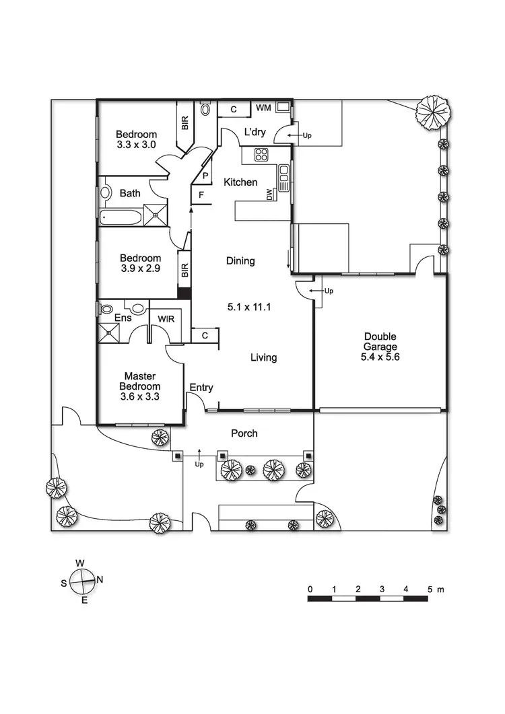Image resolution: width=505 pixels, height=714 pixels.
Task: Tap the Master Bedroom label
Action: click(x=140, y=382)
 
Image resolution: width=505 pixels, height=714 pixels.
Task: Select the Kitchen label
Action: click(x=240, y=182)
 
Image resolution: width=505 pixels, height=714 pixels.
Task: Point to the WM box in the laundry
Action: click(x=263, y=108)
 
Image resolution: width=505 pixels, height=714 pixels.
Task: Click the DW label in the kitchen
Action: click(x=270, y=194)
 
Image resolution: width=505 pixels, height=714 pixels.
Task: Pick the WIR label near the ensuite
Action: click(x=166, y=319)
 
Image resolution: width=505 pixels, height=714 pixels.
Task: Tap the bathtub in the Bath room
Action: click(x=121, y=217)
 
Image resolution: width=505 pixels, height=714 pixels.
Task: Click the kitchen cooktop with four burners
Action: click(x=261, y=155)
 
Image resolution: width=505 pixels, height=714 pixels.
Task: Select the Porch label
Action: click(x=244, y=433)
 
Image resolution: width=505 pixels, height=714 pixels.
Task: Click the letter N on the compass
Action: click(x=100, y=579)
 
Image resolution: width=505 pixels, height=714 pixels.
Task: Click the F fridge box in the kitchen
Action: click(x=201, y=195)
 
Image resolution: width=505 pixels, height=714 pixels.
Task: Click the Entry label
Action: click(x=201, y=387)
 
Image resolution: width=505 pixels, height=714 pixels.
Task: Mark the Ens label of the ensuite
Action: click(x=123, y=318)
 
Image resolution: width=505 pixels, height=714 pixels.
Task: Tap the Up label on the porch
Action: click(x=199, y=464)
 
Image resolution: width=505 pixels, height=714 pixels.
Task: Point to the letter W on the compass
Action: click(x=79, y=563)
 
